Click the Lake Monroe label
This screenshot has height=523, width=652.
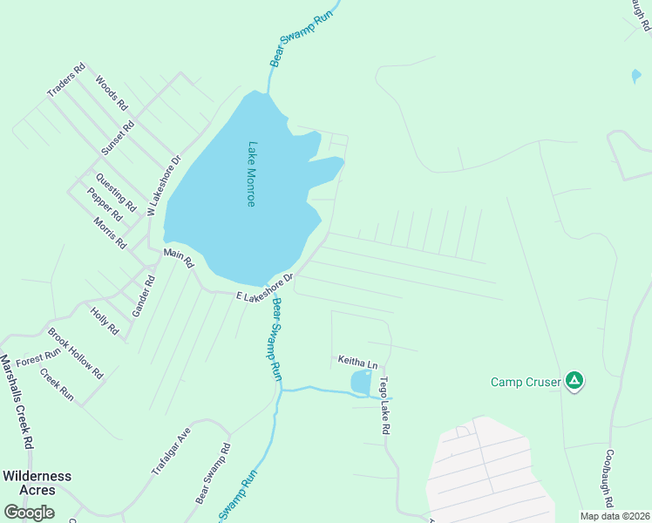251,174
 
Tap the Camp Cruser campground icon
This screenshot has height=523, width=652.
574,381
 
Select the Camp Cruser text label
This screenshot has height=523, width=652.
526,382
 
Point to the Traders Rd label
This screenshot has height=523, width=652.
66,80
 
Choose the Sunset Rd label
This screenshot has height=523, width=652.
118,138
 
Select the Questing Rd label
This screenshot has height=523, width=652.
116,194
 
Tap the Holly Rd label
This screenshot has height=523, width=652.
105,320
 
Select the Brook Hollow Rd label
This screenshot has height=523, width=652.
76,352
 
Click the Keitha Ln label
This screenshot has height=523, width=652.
358,361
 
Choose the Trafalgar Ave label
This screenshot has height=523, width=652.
171,452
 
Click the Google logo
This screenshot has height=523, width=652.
29,512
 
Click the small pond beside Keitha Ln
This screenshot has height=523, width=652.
361,382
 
